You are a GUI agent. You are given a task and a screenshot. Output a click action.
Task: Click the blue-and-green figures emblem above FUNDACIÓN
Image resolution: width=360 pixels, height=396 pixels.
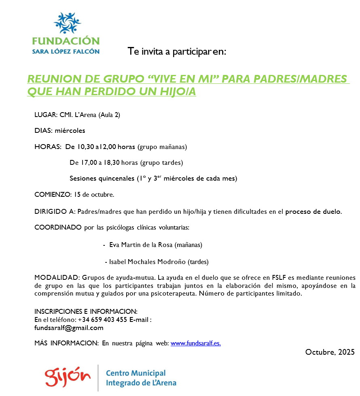click(x=67, y=23)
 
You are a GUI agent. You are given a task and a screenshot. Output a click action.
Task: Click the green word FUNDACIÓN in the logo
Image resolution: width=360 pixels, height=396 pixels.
click(x=66, y=41)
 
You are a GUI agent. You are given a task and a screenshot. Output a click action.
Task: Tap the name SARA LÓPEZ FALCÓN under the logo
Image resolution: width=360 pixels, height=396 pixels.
click(x=66, y=51)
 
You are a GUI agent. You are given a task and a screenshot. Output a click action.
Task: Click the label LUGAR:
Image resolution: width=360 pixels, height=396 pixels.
click(x=46, y=115)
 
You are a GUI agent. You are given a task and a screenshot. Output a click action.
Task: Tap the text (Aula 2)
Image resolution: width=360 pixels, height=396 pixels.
click(x=109, y=115)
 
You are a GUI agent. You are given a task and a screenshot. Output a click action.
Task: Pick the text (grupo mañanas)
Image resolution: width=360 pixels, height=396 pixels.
click(x=162, y=146)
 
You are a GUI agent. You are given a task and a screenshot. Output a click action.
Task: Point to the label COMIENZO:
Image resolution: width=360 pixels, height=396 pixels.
click(x=52, y=194)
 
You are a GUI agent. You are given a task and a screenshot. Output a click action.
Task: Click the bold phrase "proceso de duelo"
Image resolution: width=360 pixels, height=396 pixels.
click(x=313, y=211)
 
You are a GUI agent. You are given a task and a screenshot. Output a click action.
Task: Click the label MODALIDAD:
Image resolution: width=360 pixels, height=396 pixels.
click(x=57, y=278)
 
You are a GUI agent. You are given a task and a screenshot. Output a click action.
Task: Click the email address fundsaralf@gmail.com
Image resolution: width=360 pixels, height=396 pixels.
click(x=69, y=328)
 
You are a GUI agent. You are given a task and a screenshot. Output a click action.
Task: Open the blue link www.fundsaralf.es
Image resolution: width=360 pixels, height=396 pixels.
click(x=196, y=343)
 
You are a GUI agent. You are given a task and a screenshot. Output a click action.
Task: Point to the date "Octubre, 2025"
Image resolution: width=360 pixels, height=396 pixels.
click(x=330, y=351)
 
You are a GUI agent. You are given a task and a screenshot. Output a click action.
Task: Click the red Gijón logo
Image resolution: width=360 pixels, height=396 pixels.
click(x=68, y=377)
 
